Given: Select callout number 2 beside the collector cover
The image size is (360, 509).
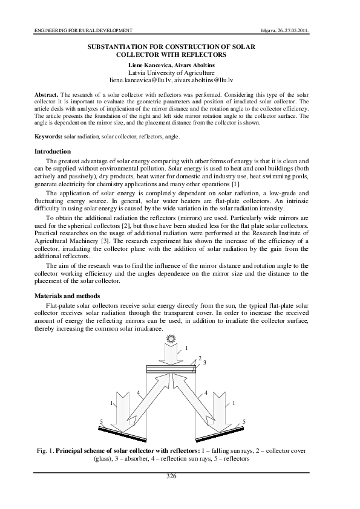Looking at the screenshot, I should [x=200, y=358].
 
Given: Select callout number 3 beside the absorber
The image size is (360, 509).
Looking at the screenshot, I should [x=205, y=363].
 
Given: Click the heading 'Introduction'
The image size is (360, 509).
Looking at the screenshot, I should [x=53, y=151].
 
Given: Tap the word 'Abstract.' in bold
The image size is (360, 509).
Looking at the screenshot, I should [x=47, y=95].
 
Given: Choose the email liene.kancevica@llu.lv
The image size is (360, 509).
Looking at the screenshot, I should [x=140, y=79].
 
